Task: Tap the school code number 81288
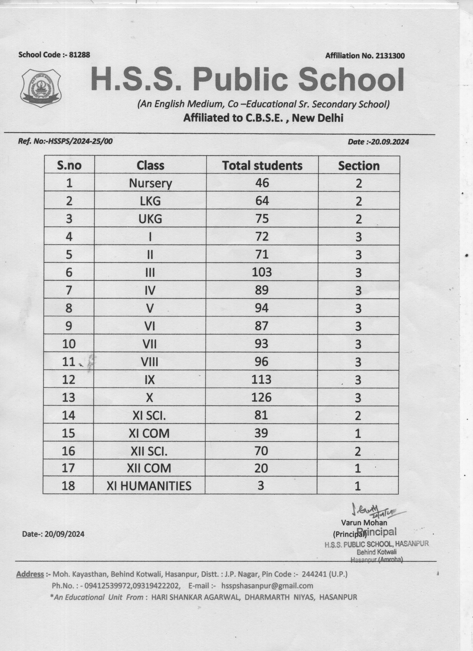(x=80, y=55)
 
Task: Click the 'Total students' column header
(x=262, y=166)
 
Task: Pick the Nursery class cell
(x=150, y=183)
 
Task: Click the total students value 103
(x=262, y=272)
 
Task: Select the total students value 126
(x=261, y=397)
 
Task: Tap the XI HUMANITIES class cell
(x=149, y=486)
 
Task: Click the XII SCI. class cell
(x=149, y=451)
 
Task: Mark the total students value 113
(x=261, y=379)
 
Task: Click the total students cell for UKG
(x=262, y=219)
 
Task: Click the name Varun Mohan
(x=364, y=522)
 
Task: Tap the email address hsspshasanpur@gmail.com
(x=267, y=586)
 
